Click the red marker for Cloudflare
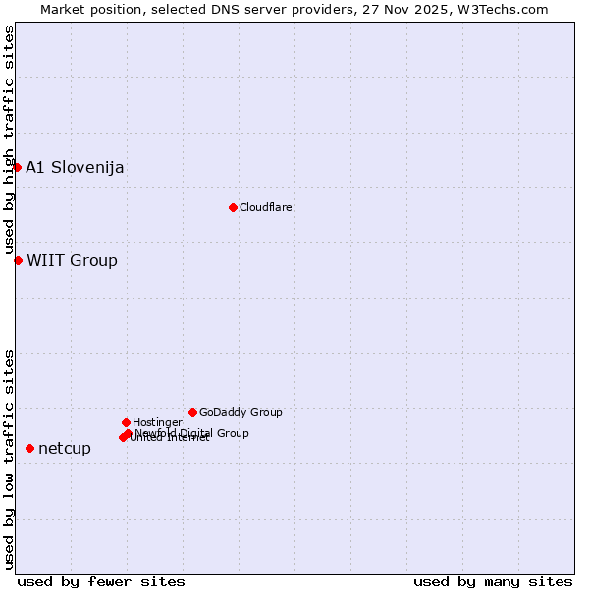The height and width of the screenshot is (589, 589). [233, 207]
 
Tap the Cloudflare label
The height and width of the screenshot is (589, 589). [266, 208]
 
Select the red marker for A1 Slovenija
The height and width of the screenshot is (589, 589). [17, 167]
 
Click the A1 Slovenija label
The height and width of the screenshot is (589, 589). [75, 167]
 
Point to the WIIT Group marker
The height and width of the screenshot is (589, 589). [18, 260]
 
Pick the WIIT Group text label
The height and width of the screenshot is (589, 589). [72, 260]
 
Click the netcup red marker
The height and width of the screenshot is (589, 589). [29, 448]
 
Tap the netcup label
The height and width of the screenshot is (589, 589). [65, 449]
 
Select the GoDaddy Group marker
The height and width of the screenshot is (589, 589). [192, 412]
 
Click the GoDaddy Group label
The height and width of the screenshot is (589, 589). [241, 413]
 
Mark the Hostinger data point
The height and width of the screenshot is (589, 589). [126, 422]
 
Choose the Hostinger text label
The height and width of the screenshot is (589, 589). [157, 423]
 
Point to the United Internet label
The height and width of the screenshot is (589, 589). [171, 438]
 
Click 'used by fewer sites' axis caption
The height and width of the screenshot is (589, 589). [101, 581]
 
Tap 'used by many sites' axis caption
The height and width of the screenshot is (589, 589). [493, 581]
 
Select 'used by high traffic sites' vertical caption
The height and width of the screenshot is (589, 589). [10, 140]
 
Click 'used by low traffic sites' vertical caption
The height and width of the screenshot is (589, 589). [10, 458]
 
